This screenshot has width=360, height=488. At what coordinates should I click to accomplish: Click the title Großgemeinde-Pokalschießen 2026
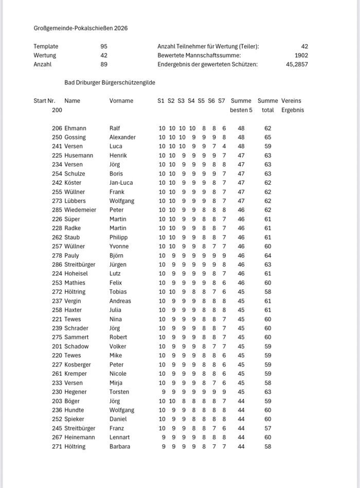(81, 28)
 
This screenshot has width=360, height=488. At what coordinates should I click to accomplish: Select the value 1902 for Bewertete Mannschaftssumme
(301, 56)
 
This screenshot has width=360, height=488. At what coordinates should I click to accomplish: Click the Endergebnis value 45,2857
(297, 65)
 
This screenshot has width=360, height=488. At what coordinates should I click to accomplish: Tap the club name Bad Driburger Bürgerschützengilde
(110, 82)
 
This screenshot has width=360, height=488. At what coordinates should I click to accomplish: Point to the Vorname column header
(121, 101)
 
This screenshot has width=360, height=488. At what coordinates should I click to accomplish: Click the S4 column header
(191, 101)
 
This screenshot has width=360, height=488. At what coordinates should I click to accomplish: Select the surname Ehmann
(75, 128)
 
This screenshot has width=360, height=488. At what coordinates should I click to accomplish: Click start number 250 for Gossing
(57, 137)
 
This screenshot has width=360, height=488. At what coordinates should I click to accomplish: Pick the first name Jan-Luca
(122, 183)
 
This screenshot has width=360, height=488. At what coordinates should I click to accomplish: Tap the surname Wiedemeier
(80, 210)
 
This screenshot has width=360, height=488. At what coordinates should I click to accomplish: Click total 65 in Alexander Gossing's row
(267, 137)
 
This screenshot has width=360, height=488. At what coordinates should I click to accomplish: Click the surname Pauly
(72, 256)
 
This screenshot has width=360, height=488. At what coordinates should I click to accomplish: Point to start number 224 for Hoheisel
(57, 274)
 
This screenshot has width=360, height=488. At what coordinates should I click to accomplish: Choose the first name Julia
(116, 310)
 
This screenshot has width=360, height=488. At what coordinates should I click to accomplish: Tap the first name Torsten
(119, 392)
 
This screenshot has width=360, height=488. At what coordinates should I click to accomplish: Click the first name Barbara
(120, 447)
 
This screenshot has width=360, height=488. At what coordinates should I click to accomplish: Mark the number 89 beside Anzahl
(104, 65)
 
